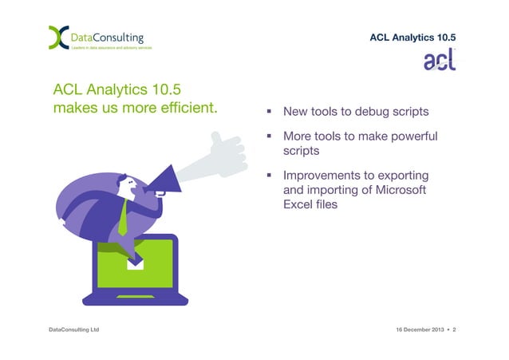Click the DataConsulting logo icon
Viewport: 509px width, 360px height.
pyautogui.click(x=59, y=38)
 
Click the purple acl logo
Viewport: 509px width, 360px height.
pyautogui.click(x=440, y=59)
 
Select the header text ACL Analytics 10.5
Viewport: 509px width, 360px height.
pyautogui.click(x=412, y=38)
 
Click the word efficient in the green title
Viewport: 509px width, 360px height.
pyautogui.click(x=189, y=108)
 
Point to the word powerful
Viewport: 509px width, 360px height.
pyautogui.click(x=414, y=136)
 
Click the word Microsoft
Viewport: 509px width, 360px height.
pyautogui.click(x=400, y=190)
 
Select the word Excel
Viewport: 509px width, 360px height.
pyautogui.click(x=297, y=204)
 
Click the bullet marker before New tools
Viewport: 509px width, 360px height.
pyautogui.click(x=269, y=112)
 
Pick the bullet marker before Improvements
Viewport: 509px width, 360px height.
pyautogui.click(x=269, y=175)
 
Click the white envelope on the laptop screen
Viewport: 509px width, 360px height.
pyautogui.click(x=135, y=265)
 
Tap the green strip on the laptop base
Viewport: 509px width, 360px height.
pyautogui.click(x=136, y=297)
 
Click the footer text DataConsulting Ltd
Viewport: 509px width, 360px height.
pyautogui.click(x=74, y=330)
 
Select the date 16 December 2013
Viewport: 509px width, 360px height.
pyautogui.click(x=420, y=330)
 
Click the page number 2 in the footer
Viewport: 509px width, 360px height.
pyautogui.click(x=454, y=330)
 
